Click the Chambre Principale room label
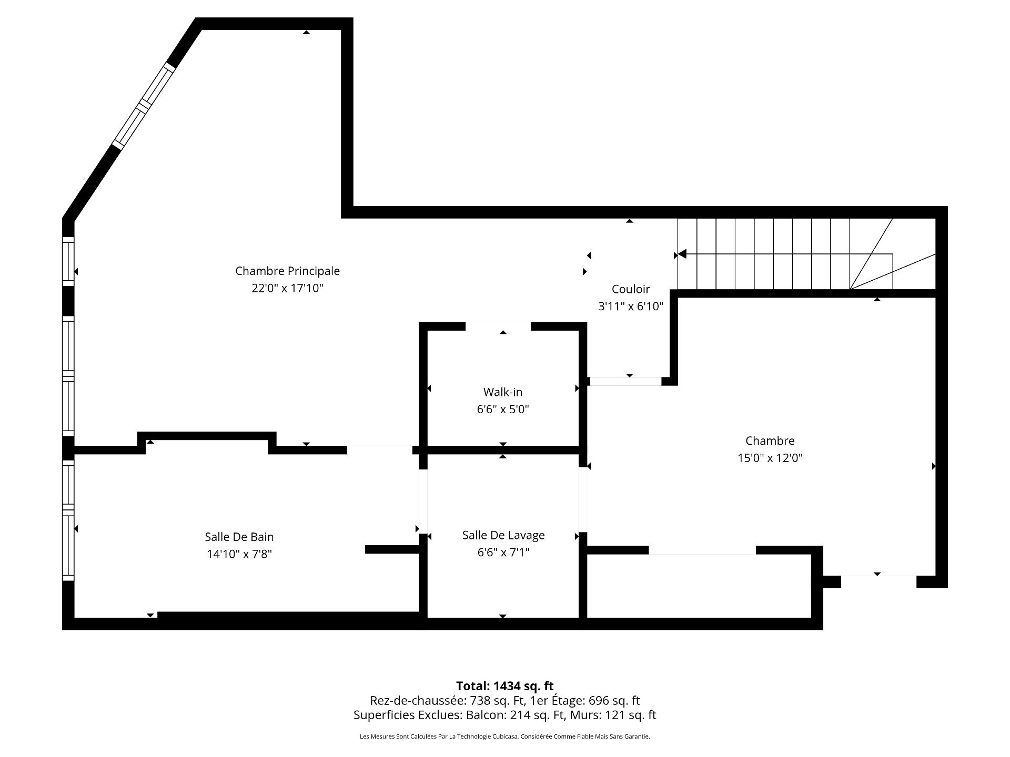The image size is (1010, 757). [287, 271]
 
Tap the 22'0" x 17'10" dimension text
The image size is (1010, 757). [287, 288]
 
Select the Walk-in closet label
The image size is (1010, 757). [503, 392]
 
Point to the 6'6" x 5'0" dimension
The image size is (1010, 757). [503, 409]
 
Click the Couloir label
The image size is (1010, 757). [631, 289]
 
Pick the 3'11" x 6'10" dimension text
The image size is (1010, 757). [631, 306]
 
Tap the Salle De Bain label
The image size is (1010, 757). [239, 537]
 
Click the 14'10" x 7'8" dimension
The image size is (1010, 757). [239, 554]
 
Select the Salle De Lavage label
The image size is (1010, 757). [503, 535]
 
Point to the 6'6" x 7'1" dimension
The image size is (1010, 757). [503, 552]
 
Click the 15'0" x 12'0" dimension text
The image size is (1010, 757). [770, 458]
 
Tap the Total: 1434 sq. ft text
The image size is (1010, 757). [505, 686]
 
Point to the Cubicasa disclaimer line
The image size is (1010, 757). [505, 736]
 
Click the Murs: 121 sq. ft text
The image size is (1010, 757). [623, 715]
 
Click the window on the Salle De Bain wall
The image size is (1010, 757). [68, 520]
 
